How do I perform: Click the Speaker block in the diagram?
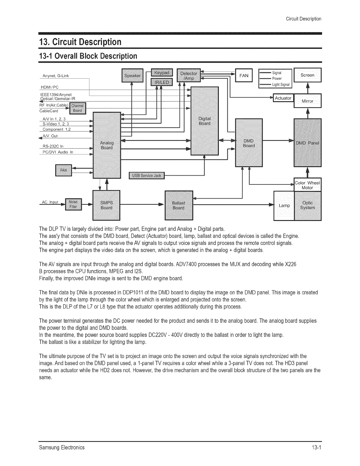click(x=132, y=76)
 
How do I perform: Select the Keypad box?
click(x=162, y=72)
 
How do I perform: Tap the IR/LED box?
click(x=162, y=82)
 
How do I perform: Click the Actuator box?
click(x=283, y=98)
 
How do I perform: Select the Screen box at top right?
click(x=308, y=75)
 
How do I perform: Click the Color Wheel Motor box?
click(x=308, y=185)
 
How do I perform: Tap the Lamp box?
click(x=284, y=205)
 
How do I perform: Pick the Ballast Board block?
click(x=179, y=205)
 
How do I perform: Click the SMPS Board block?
click(x=106, y=205)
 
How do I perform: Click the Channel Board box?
click(x=77, y=108)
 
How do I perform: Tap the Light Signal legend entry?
click(x=281, y=85)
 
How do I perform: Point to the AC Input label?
click(x=50, y=202)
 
